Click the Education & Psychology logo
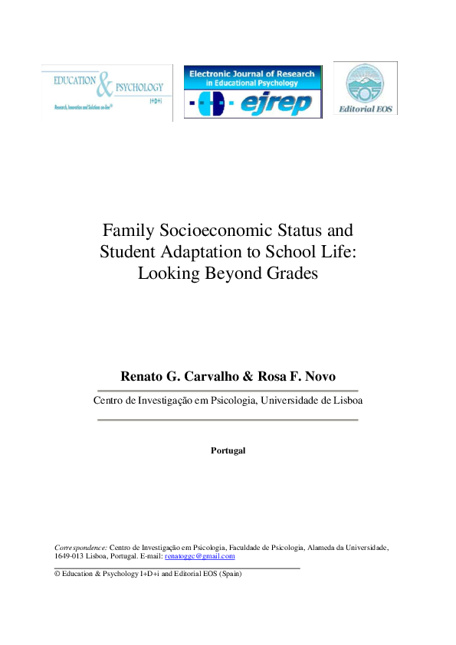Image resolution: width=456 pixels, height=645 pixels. (x=107, y=93)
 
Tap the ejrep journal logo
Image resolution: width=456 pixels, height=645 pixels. (x=252, y=91)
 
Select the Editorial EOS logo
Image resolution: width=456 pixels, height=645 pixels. (x=365, y=88)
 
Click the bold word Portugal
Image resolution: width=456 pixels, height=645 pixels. (x=228, y=450)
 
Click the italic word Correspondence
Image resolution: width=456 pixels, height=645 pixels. (x=80, y=547)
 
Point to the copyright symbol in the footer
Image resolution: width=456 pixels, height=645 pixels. (x=57, y=573)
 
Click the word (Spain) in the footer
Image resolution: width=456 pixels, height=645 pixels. (x=230, y=573)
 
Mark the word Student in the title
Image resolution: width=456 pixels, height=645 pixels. (x=128, y=250)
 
